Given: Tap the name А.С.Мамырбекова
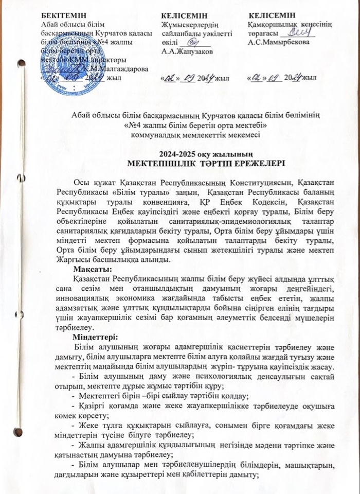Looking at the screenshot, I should point(278,42).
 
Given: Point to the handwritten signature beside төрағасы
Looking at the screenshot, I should point(295,32).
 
